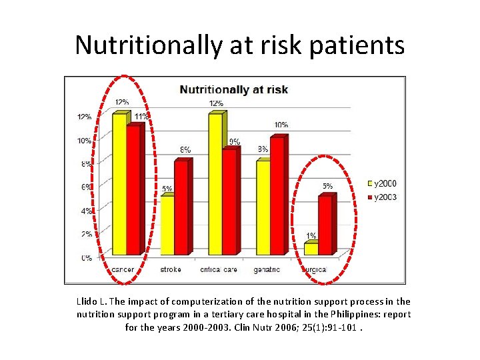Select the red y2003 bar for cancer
[133, 190]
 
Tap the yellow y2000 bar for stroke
[167, 225]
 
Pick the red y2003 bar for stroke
[181, 207]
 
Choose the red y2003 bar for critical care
[229, 201]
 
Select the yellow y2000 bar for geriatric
[263, 207]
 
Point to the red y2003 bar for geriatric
[277, 195]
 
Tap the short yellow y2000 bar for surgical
[311, 249]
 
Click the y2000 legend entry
[383, 183]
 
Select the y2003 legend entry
[383, 197]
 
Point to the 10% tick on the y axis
[85, 141]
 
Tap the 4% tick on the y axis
[87, 211]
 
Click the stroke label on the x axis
[171, 270]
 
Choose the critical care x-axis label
[219, 270]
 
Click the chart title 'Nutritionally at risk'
[234, 89]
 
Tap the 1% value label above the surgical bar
[311, 236]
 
